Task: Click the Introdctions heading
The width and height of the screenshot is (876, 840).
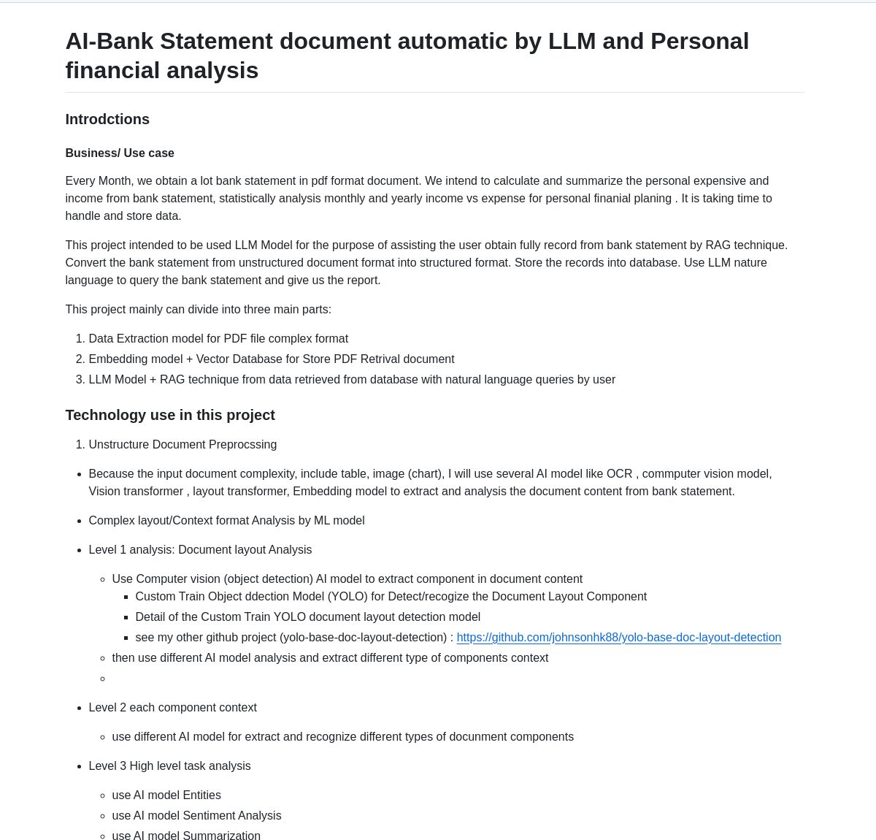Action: coord(107,119)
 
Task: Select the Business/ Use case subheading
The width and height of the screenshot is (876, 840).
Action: coord(120,153)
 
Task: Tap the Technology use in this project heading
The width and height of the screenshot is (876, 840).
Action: coord(170,415)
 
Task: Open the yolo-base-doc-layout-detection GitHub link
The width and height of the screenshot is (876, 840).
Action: coord(618,638)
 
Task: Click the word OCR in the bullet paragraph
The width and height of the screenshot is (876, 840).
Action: coord(619,474)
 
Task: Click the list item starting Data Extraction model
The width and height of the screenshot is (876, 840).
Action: coord(218,339)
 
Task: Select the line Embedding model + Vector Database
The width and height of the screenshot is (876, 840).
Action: coord(271,359)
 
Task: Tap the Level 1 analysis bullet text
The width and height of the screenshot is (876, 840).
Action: coord(200,550)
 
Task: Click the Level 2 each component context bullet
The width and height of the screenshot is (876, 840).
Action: coord(172,708)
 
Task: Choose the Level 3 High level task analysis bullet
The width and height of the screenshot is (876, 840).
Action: coord(169,766)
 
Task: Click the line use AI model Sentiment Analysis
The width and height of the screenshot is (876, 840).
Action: coord(196,816)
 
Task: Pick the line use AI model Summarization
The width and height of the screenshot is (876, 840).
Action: coord(186,836)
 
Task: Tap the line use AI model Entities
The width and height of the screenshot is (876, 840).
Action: coord(166,795)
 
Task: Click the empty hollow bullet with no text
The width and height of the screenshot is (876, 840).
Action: coord(103,679)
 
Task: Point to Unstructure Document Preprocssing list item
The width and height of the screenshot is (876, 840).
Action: coord(182,445)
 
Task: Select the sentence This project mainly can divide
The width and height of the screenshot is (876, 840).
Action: coord(198,310)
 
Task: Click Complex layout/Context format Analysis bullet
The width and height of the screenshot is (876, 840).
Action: coord(226,521)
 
